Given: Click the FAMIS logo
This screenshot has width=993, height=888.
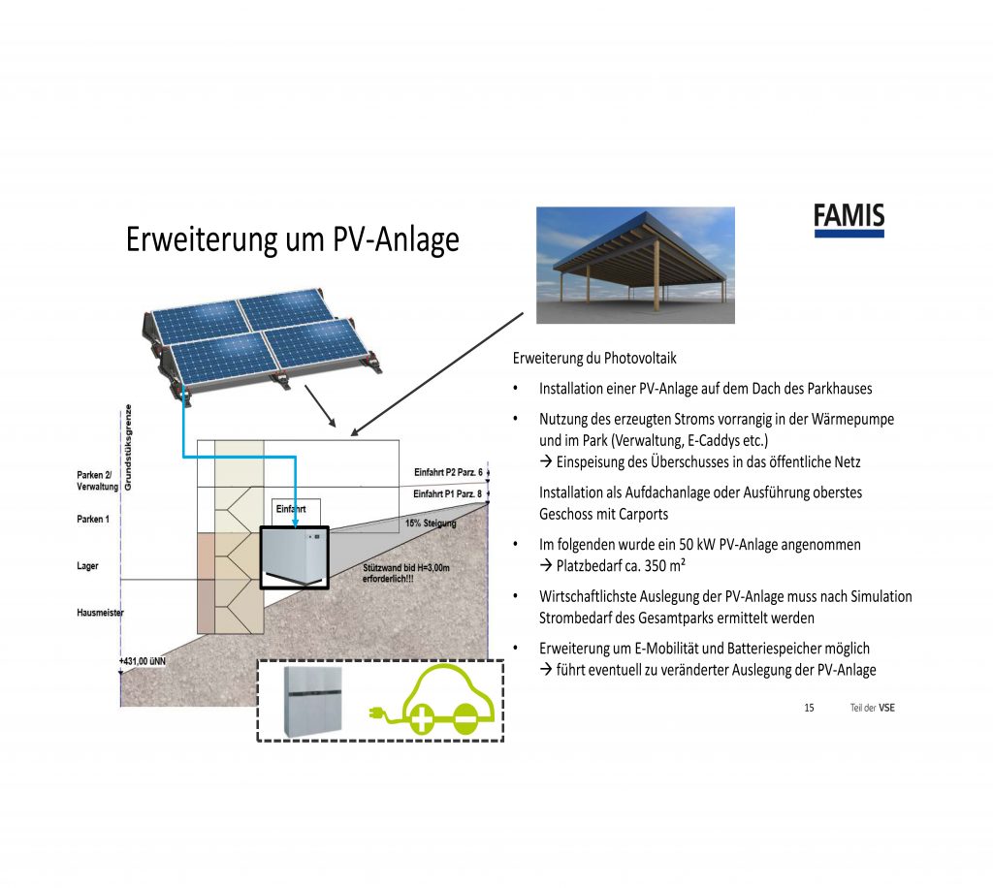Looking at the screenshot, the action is tap(849, 220).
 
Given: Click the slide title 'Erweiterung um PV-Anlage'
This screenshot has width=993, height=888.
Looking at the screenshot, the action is tap(293, 239).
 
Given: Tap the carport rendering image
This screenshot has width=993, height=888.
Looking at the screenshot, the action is tap(635, 266).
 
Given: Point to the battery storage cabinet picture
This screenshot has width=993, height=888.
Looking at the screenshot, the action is tap(313, 701).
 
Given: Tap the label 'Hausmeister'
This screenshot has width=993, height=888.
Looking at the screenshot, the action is tap(100, 613).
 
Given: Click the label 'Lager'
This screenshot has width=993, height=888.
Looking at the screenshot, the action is tap(87, 566).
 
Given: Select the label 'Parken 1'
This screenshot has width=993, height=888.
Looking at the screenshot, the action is tap(93, 519).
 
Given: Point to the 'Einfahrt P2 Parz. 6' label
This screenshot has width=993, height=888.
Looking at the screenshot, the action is tap(448, 472).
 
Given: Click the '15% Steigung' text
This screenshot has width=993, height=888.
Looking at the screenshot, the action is tap(431, 523).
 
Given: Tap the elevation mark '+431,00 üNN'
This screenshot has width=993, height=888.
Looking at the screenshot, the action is tap(143, 661).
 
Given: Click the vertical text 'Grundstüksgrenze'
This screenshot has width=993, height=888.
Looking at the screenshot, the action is tap(128, 448).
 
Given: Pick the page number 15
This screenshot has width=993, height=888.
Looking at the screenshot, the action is tap(810, 708).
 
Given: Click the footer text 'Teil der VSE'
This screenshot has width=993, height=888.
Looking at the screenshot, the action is tap(872, 708).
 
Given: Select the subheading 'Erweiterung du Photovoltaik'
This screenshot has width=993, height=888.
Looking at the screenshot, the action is tap(594, 359).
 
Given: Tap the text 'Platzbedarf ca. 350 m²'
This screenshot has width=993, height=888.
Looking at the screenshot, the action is tap(621, 565).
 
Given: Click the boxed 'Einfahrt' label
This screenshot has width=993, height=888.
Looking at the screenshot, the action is tap(291, 509).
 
